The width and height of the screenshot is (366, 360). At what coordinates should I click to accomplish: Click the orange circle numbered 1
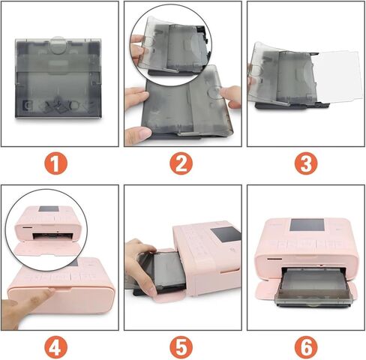pos(59,162)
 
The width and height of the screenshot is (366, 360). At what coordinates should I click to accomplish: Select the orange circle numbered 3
pos(304,162)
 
